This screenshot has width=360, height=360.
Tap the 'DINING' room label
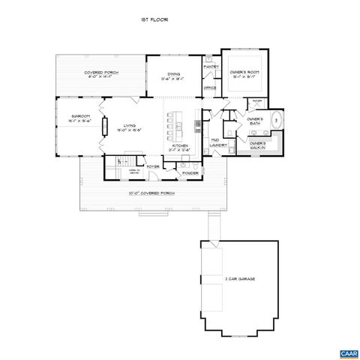coord(173,74)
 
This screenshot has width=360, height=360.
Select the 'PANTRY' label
coord(211,67)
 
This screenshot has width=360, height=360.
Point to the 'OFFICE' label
coord(210,88)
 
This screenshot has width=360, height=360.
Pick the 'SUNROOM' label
coord(79,116)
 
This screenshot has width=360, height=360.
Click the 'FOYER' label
coord(152,166)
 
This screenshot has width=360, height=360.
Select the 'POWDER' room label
coord(190,173)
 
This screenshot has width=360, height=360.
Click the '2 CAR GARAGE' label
coord(240,279)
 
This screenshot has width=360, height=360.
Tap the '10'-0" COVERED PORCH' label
coord(153,193)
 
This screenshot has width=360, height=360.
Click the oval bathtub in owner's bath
coord(276,118)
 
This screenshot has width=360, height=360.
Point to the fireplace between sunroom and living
coord(104,125)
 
